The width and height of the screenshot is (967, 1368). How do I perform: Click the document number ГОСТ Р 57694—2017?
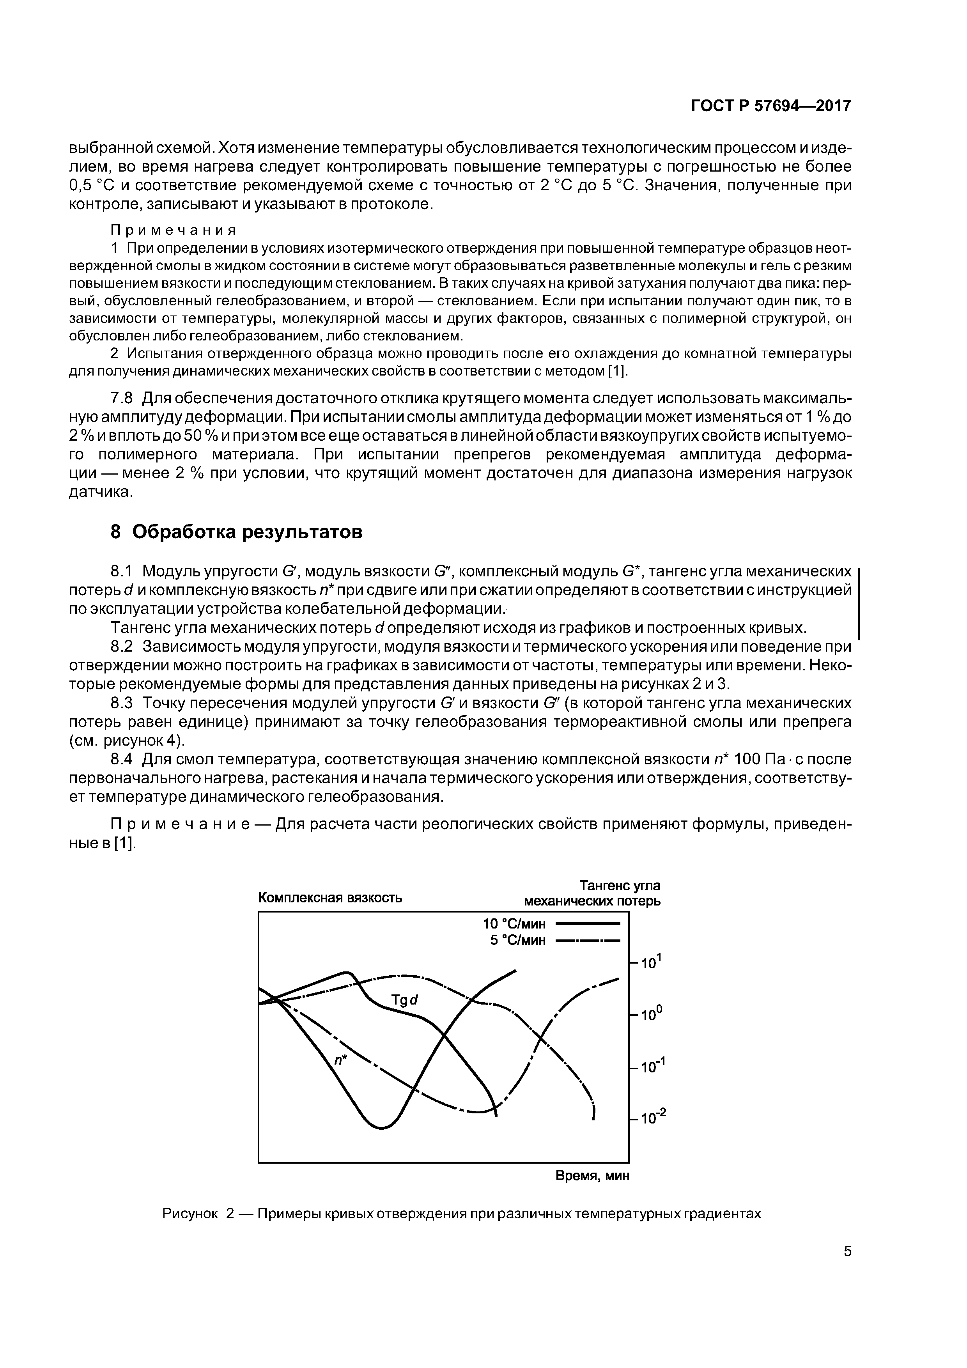tap(770, 106)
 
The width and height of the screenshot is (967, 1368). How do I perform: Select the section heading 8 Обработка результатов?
tap(237, 532)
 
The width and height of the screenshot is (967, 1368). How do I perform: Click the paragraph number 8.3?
tap(123, 703)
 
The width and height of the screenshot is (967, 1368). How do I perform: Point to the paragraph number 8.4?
tap(123, 759)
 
